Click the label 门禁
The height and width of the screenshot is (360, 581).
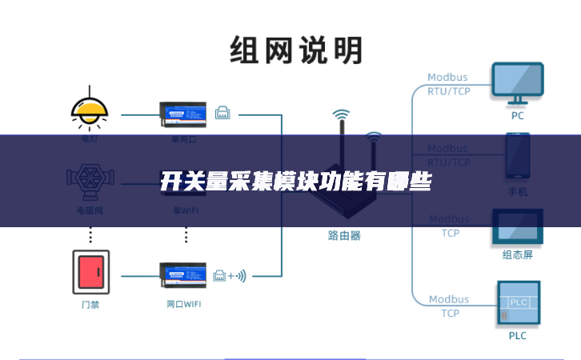90,305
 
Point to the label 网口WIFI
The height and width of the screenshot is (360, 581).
186,305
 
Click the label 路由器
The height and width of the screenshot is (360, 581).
344,236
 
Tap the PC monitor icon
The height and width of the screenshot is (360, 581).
517,83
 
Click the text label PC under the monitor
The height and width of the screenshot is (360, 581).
518,115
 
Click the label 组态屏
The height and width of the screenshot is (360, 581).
517,255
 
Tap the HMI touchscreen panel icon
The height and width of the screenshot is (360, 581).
517,227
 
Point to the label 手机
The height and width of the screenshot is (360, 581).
517,192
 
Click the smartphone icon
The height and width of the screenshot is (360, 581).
517,158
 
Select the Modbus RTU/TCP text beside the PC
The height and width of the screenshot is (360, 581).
448,84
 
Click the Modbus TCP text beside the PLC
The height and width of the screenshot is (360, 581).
448,306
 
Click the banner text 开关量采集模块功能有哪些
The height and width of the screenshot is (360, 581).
296,182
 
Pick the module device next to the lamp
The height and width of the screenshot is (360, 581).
186,114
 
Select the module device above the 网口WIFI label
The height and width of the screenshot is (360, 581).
186,276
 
